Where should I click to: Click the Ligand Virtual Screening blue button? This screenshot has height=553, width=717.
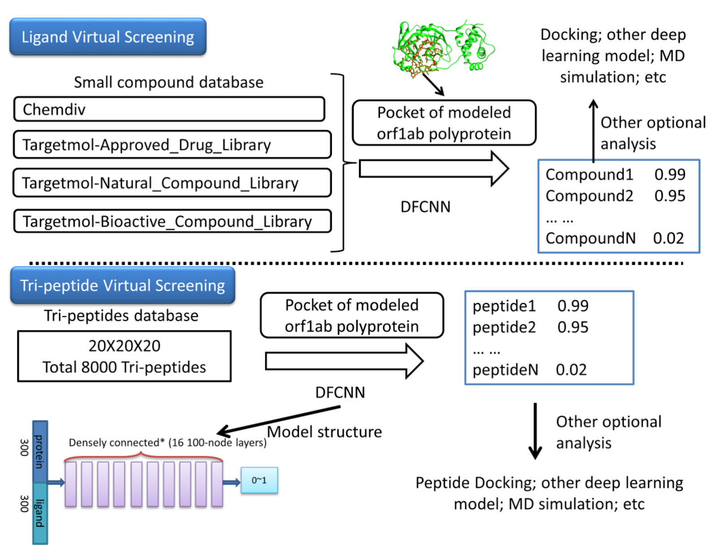coord(108,37)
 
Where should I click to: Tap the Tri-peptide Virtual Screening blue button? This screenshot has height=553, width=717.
coord(122,285)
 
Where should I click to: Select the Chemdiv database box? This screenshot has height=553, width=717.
coord(169,109)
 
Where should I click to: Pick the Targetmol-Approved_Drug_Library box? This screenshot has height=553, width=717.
coord(172,145)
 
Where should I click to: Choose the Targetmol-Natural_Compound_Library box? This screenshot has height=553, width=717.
coord(172,183)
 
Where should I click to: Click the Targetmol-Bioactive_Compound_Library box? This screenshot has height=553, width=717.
coord(172,221)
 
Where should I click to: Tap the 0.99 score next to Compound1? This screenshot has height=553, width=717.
coord(669,174)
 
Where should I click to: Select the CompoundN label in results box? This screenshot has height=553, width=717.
coord(590,238)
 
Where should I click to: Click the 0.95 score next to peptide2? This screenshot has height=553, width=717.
coord(573,327)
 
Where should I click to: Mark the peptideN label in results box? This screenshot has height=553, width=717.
coord(505,370)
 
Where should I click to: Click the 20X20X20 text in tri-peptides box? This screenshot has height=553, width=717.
coord(124,346)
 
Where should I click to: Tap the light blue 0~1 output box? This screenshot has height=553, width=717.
coord(259,480)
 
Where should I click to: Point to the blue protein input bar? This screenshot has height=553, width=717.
coord(40,451)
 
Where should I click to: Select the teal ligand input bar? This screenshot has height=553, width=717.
coord(40,513)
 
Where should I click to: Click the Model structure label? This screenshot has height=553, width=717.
coord(324,432)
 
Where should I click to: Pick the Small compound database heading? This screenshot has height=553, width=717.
coord(168,82)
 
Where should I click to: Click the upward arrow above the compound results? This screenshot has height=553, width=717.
coord(593,130)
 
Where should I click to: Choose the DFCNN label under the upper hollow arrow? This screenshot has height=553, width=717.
coord(425,207)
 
